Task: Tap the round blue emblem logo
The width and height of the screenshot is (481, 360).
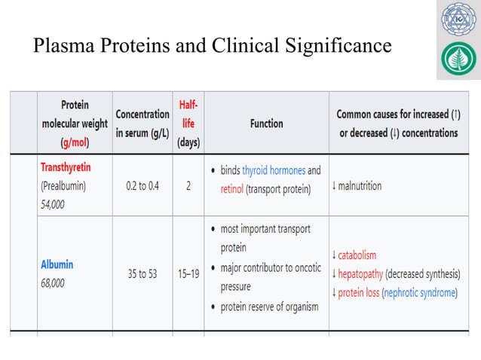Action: (458, 19)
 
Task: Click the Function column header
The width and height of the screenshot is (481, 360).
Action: (266, 124)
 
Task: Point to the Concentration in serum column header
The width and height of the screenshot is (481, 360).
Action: (142, 124)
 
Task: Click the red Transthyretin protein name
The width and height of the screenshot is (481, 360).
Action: (66, 166)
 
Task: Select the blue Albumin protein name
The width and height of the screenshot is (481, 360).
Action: (57, 265)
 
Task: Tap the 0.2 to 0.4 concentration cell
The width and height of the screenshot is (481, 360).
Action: (142, 186)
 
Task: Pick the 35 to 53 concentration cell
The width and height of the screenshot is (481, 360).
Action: (142, 274)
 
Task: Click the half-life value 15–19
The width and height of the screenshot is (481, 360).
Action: (188, 274)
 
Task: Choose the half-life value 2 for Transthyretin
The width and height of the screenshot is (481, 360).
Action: (188, 186)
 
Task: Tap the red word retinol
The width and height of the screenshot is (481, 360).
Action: (231, 189)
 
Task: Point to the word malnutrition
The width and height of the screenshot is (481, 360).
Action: (359, 185)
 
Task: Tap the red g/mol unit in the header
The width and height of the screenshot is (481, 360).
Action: (74, 142)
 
